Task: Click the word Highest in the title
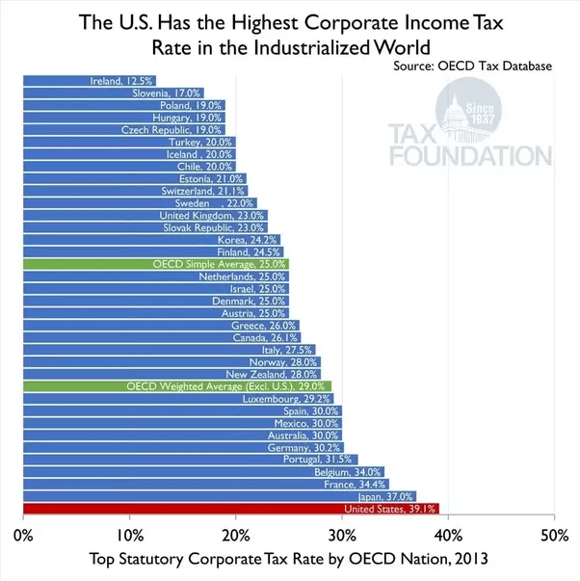click(256, 19)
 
